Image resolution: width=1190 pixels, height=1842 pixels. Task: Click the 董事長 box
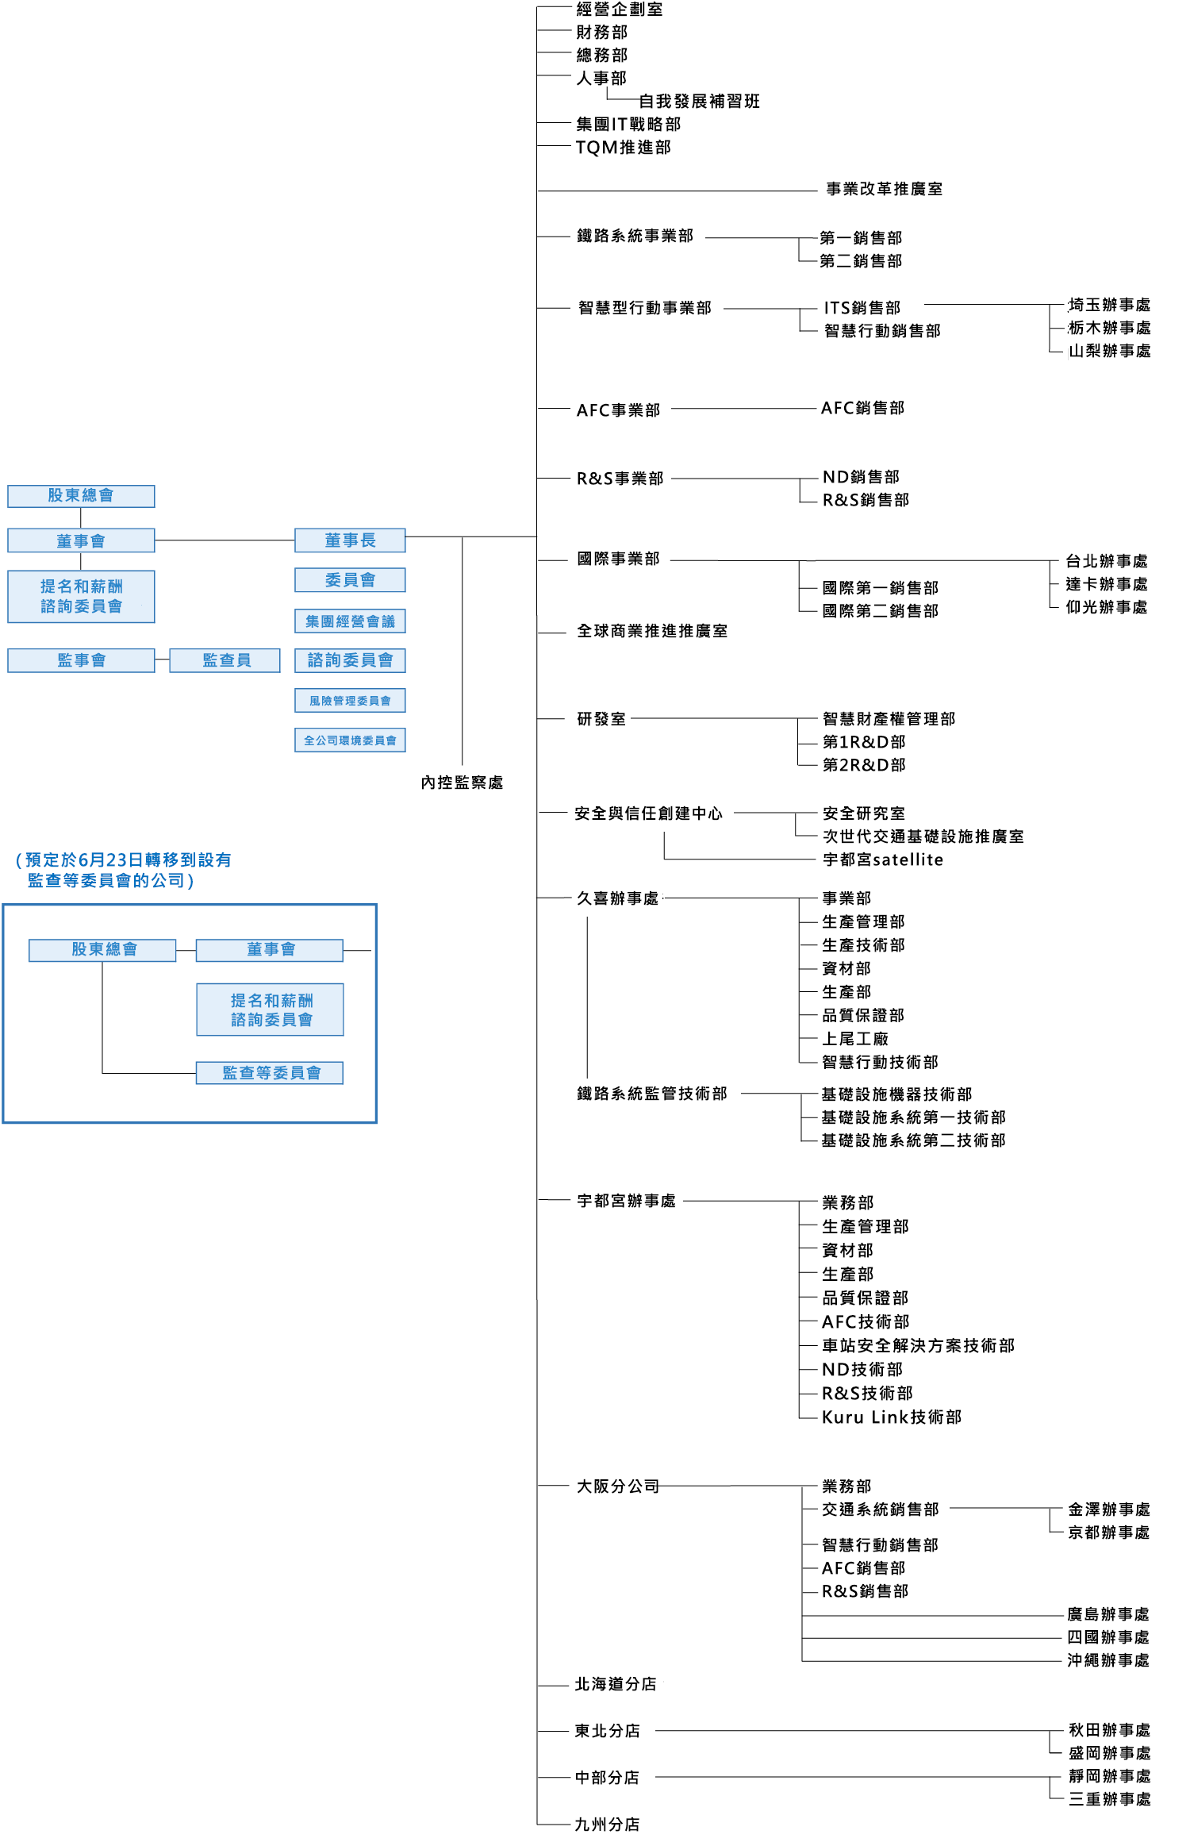(x=350, y=540)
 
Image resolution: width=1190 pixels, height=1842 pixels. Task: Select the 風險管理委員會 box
(x=350, y=701)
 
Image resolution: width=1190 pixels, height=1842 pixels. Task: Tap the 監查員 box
(x=225, y=660)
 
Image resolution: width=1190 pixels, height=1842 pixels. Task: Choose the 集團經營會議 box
(x=350, y=621)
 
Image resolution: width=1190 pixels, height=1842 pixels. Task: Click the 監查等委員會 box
(x=270, y=1073)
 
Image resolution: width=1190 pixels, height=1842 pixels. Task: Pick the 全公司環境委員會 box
(x=350, y=740)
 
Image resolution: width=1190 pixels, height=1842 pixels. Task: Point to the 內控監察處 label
(x=462, y=783)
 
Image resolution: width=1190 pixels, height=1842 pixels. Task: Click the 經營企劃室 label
(x=619, y=10)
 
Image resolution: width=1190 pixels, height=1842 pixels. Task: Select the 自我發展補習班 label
(x=699, y=102)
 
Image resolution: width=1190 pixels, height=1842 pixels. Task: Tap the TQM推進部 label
(x=623, y=148)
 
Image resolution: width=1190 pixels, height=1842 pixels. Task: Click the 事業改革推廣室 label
(x=884, y=189)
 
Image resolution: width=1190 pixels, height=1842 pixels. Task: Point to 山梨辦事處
(x=1109, y=351)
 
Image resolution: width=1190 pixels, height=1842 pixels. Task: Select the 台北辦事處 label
(x=1106, y=561)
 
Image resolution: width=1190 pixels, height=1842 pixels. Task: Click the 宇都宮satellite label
(x=882, y=859)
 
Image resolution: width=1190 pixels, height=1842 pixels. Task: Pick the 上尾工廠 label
(x=854, y=1039)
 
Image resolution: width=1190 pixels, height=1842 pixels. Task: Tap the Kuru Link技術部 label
(x=891, y=1417)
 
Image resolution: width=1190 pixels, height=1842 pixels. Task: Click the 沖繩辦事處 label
(x=1107, y=1660)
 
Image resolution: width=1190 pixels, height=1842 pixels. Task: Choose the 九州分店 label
(x=607, y=1825)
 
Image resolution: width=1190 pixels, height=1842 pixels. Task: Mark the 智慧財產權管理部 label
(x=889, y=719)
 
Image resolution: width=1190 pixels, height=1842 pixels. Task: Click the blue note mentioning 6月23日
(x=123, y=870)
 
